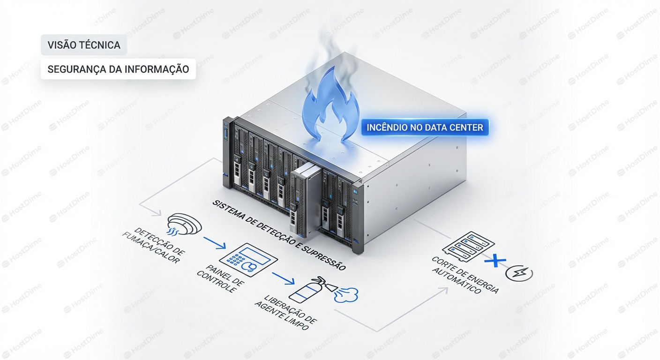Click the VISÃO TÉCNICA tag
coord(84,45)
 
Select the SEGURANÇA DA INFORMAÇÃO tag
coord(118,69)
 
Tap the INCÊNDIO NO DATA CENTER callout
coord(425,127)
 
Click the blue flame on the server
coord(331,104)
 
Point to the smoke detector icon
coord(184,224)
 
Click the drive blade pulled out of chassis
coord(305,199)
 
